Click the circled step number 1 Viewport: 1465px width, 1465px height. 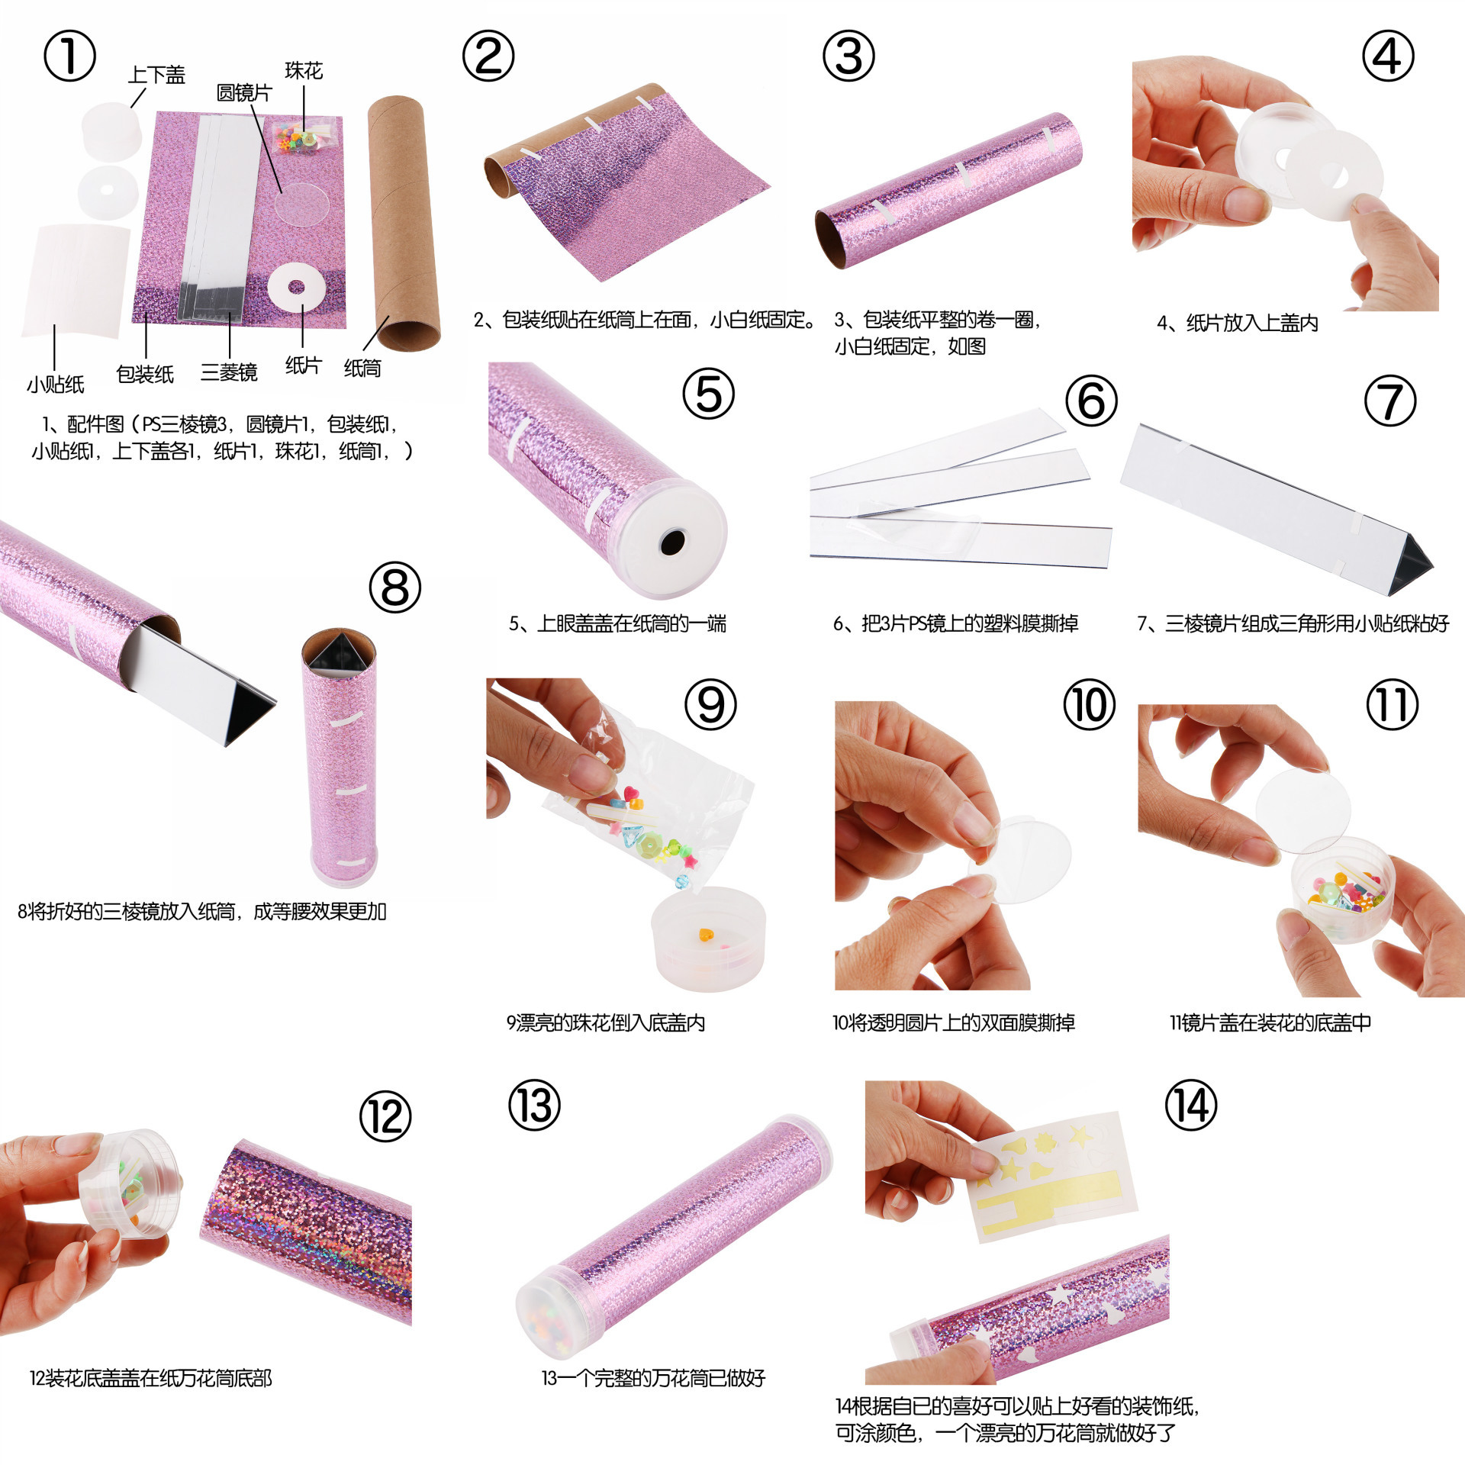[69, 56]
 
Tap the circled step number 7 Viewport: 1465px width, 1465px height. [1389, 401]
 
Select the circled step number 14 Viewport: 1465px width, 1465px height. [1190, 1106]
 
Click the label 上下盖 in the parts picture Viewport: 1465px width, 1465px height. [156, 75]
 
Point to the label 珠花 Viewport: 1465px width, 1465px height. [304, 71]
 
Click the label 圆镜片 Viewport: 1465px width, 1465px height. [244, 93]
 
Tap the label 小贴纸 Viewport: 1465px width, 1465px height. [56, 385]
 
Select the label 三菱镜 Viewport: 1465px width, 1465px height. [229, 372]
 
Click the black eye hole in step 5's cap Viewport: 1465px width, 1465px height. [672, 543]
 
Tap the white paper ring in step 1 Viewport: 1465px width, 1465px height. [296, 288]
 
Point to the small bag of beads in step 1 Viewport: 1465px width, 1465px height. [304, 134]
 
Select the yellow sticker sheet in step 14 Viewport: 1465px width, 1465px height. [1053, 1176]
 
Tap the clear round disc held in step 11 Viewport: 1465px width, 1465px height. [1303, 810]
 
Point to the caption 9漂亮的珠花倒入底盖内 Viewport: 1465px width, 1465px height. [606, 1022]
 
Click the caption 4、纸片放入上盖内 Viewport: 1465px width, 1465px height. [1238, 324]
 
